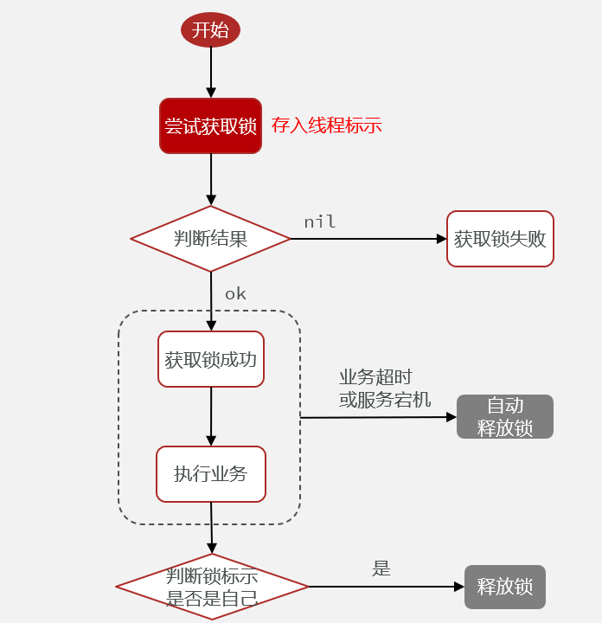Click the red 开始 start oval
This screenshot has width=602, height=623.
210,30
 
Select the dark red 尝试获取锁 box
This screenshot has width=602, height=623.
210,125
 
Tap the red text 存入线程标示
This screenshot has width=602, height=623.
326,125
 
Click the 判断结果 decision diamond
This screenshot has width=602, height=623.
210,239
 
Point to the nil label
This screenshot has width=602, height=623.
319,222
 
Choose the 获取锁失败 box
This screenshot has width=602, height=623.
500,239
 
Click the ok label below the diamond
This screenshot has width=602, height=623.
235,294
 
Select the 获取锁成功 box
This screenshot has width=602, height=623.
210,359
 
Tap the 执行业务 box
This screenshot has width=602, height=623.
210,474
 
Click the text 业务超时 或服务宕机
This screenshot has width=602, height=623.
384,389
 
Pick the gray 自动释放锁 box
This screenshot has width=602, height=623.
504,417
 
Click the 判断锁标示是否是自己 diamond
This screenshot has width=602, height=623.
212,587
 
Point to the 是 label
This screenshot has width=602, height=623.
381,568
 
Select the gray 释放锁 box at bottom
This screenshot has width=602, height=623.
504,587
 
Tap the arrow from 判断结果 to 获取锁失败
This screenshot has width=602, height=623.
368,239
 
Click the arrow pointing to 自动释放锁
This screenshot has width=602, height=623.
378,417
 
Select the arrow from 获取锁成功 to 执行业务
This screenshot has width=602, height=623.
211,416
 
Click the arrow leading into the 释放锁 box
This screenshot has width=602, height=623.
386,587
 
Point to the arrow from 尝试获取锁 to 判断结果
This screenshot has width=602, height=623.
210,179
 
